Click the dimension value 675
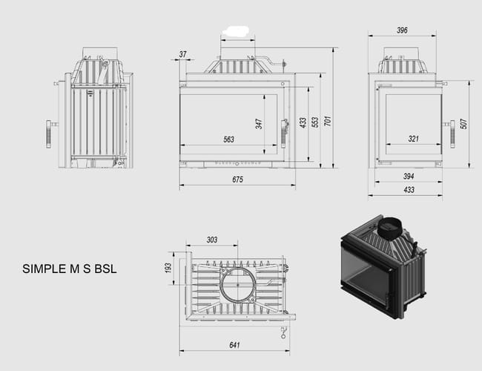[237, 180]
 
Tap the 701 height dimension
[328, 121]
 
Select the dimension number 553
[315, 122]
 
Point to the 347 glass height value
[259, 124]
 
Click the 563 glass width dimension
[228, 139]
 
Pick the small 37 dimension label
[183, 54]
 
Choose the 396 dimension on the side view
[402, 30]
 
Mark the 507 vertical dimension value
[464, 124]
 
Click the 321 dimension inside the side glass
[414, 139]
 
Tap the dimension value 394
[409, 177]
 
